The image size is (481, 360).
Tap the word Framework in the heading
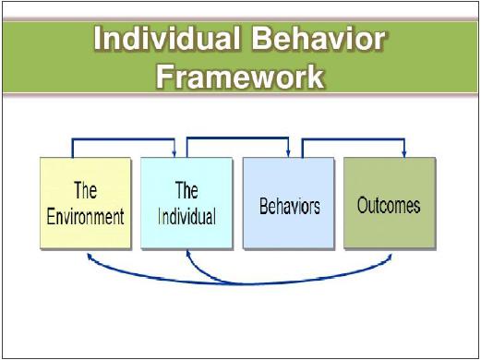pos(240,76)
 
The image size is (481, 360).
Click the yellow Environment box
pos(86,203)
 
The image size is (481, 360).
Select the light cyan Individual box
pos(186,203)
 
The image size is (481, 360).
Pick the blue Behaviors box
pos(288,203)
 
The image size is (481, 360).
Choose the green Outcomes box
pos(389,203)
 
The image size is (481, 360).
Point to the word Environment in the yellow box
pos(86,218)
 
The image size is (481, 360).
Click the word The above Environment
pos(86,191)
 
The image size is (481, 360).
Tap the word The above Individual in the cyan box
pos(186,191)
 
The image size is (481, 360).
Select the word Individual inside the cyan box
pos(186,218)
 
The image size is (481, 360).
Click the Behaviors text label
pos(289,205)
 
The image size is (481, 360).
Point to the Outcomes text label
pos(389,205)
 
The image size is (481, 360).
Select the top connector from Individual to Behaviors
pos(238,138)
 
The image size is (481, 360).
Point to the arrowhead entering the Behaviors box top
pos(289,153)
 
